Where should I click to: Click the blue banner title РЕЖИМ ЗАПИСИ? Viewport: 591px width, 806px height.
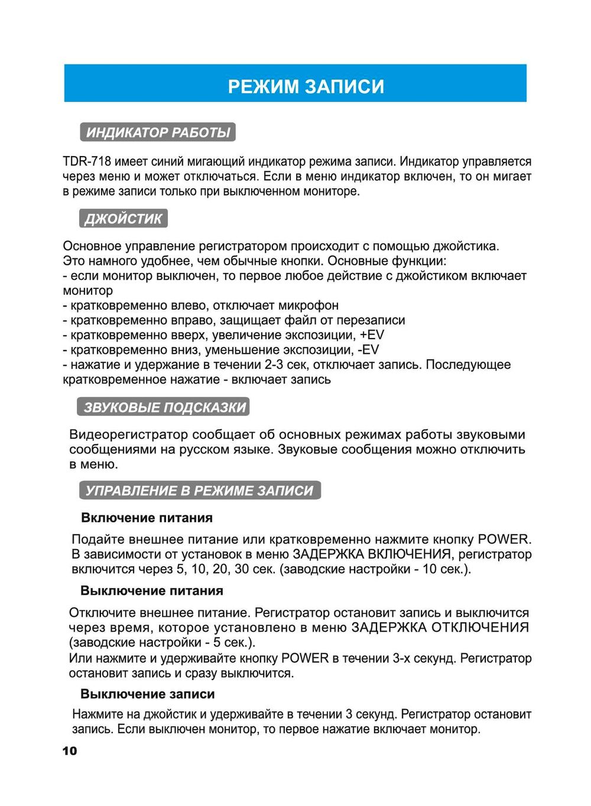click(x=306, y=86)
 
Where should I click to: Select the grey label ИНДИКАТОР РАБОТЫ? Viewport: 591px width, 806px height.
click(x=158, y=132)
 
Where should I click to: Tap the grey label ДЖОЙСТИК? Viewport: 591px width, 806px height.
click(x=123, y=219)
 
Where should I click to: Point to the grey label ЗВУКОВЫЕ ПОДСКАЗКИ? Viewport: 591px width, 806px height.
click(x=164, y=407)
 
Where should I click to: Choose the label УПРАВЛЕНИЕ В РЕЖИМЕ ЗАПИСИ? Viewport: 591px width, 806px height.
click(x=200, y=490)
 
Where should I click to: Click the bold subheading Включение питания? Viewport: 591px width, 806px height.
click(x=147, y=518)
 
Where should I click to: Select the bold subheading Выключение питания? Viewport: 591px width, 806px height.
click(x=152, y=591)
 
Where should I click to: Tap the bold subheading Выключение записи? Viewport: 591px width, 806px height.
click(x=148, y=694)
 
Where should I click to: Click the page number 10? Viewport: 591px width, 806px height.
click(x=70, y=751)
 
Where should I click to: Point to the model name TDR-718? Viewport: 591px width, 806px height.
click(x=86, y=161)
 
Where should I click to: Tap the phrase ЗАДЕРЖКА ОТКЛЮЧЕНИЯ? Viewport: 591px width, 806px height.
click(x=440, y=628)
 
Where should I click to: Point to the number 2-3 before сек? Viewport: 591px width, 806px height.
click(x=274, y=365)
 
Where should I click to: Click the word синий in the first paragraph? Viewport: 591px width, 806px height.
click(x=168, y=161)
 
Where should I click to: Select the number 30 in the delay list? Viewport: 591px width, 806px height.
click(x=241, y=569)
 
